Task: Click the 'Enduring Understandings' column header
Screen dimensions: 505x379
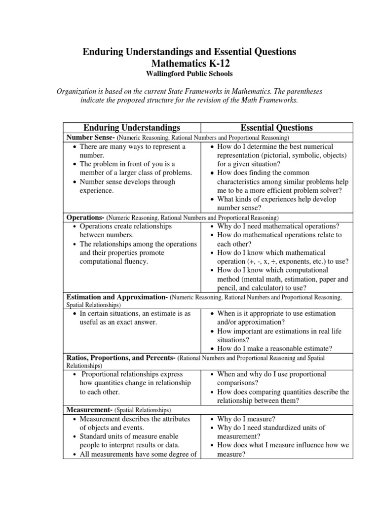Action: pyautogui.click(x=131, y=128)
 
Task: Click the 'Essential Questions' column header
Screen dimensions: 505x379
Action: pyautogui.click(x=277, y=128)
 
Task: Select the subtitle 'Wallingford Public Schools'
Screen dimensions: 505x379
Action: pyautogui.click(x=189, y=73)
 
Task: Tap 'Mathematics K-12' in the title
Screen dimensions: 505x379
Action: pyautogui.click(x=189, y=63)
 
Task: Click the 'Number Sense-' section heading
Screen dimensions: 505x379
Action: pyautogui.click(x=90, y=138)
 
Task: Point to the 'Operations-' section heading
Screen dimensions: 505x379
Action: pyautogui.click(x=85, y=217)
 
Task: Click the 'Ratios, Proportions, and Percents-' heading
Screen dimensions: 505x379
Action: pyautogui.click(x=121, y=358)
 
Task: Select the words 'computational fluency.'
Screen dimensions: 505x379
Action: pyautogui.click(x=114, y=262)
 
